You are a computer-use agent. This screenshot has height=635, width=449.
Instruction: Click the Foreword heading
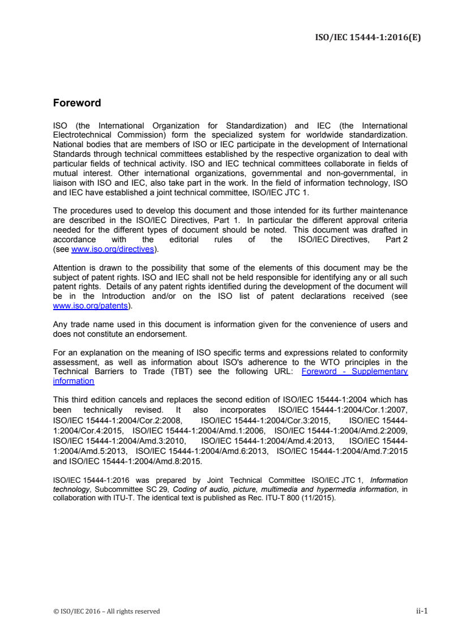click(76, 104)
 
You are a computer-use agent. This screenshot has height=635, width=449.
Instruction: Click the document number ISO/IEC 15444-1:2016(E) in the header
click(367, 38)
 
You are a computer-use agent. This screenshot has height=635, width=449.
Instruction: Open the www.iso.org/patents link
click(90, 306)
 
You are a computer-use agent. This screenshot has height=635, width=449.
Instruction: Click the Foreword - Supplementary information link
click(354, 371)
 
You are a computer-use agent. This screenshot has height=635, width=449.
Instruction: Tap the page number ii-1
click(421, 611)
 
